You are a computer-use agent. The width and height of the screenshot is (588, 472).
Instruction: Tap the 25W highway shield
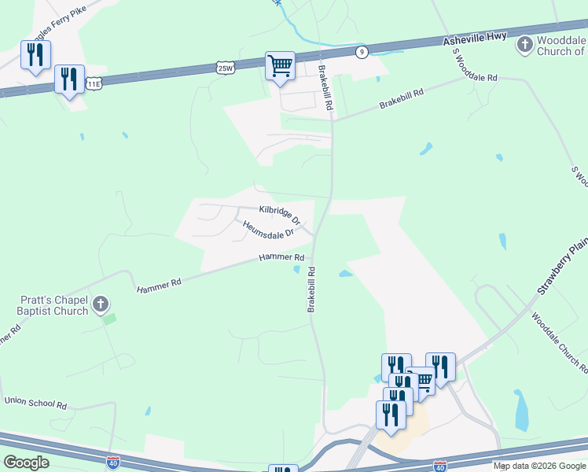click(x=226, y=68)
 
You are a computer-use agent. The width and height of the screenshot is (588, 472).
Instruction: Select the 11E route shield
click(x=94, y=83)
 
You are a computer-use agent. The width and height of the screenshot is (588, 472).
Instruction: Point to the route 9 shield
click(x=361, y=52)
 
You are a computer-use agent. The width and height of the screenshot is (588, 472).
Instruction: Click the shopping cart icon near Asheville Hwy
click(x=280, y=66)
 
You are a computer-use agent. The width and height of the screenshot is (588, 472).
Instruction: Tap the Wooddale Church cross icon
click(x=524, y=44)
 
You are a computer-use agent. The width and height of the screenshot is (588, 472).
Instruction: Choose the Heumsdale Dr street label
click(x=268, y=229)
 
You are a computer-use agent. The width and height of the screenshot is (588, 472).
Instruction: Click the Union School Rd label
click(x=35, y=403)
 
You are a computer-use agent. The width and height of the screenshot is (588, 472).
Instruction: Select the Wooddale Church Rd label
click(x=558, y=343)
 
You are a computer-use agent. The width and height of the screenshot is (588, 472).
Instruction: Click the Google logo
click(x=26, y=462)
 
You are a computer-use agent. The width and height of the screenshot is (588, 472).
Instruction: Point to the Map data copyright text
click(x=539, y=466)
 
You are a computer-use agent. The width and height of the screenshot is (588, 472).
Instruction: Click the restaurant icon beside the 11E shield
click(x=69, y=79)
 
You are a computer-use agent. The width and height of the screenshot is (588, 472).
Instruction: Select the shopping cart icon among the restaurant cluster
click(x=423, y=381)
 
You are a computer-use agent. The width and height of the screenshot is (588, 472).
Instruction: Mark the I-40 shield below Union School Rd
click(x=113, y=463)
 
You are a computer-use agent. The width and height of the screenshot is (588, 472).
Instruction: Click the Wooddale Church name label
click(x=561, y=46)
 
